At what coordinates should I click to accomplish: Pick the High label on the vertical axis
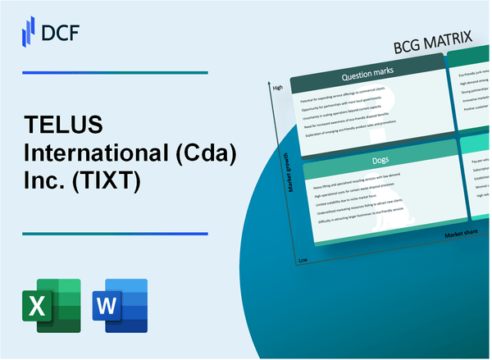pyautogui.click(x=277, y=88)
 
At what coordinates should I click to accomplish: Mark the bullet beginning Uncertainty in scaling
pyautogui.click(x=358, y=112)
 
